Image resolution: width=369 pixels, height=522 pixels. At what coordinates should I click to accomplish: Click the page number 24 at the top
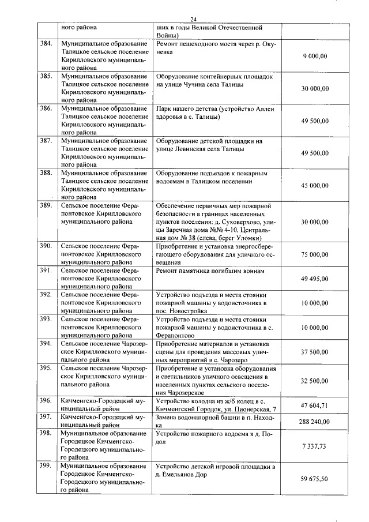pos(185,19)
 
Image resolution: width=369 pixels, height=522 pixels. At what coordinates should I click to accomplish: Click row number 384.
pos(46,43)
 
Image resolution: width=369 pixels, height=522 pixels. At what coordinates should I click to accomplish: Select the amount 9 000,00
pos(315,56)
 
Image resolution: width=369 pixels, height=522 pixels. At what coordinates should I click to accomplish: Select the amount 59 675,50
pos(314,479)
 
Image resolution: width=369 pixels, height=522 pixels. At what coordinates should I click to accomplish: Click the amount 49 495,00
pos(314,279)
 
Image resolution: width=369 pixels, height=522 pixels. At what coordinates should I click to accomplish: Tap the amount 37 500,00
pos(314,352)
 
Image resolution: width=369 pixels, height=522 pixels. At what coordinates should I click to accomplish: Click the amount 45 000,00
pos(314,186)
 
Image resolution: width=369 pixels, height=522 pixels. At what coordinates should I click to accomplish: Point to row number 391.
pos(46,271)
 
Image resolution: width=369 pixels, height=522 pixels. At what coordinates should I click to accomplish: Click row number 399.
pos(46,466)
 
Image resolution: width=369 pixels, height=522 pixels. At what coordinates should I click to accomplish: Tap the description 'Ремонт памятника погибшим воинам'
pos(210,271)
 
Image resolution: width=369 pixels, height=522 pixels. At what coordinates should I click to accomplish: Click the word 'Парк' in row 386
pos(164,108)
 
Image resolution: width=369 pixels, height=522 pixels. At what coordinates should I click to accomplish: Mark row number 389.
pos(46,206)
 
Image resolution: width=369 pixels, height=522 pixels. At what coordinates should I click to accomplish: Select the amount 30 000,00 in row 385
pos(314,88)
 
